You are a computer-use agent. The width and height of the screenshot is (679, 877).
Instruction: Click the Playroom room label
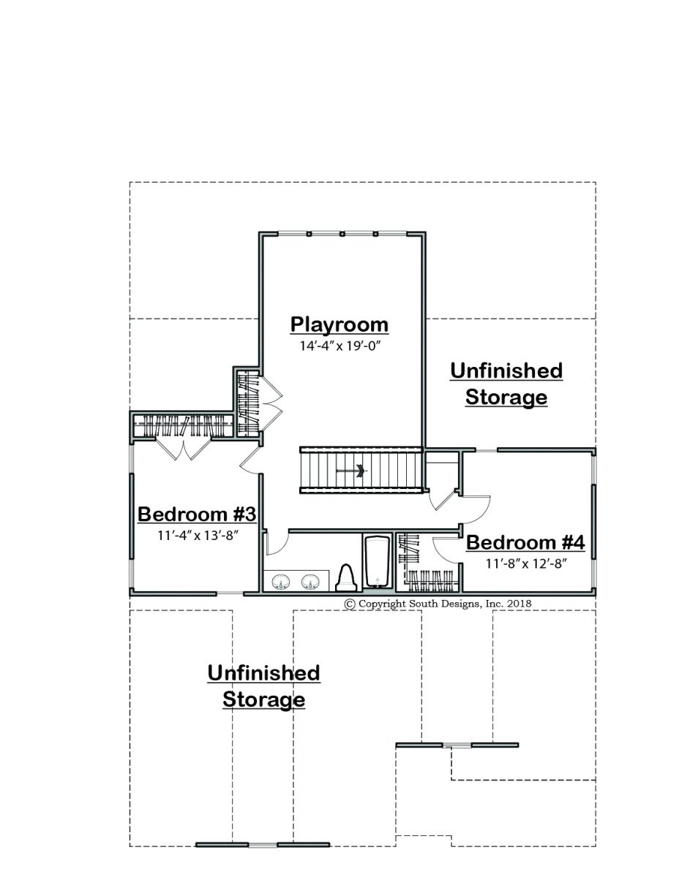tap(339, 325)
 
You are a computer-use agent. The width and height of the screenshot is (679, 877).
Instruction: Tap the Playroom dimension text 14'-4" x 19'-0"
tap(340, 346)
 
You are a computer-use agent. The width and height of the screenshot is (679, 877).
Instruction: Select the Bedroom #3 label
tap(197, 515)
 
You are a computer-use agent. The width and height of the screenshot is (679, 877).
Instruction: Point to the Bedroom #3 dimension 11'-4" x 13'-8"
tap(197, 536)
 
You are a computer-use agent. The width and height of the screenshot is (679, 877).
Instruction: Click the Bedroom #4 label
tap(525, 542)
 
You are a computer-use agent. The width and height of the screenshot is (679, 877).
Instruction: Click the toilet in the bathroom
tap(346, 577)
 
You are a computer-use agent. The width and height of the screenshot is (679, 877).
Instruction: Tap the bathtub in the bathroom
tap(378, 561)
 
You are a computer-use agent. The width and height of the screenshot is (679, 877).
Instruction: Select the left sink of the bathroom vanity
tap(280, 582)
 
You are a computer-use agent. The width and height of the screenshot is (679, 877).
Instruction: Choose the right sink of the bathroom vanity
tap(310, 582)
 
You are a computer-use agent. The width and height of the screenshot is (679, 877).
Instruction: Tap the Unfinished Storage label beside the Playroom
tap(506, 384)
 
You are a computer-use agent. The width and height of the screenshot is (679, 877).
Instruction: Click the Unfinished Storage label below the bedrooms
tap(263, 686)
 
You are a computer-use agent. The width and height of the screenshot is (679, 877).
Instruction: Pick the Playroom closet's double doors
tap(271, 398)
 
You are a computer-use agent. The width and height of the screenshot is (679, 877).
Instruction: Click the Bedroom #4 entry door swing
tap(476, 509)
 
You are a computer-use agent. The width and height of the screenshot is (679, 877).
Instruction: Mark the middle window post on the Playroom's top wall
tap(342, 234)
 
